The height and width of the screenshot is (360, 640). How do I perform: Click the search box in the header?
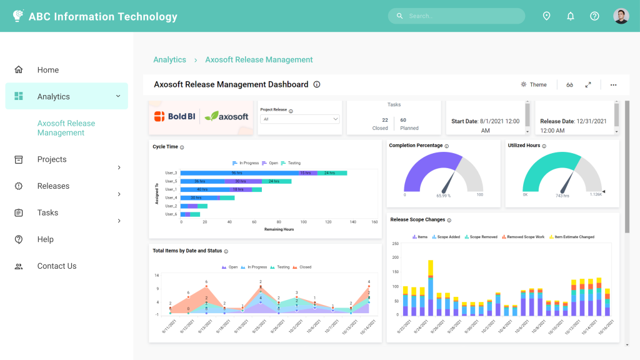(x=456, y=16)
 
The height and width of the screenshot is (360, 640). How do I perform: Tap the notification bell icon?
(x=570, y=16)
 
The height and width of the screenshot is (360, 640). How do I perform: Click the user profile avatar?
(x=621, y=16)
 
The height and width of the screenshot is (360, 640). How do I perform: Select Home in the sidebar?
(x=47, y=70)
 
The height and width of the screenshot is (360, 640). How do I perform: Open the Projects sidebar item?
(x=52, y=159)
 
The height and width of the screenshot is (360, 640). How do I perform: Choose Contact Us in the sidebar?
(x=56, y=266)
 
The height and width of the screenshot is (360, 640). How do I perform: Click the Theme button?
(x=534, y=84)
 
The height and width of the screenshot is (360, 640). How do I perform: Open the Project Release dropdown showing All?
(x=300, y=119)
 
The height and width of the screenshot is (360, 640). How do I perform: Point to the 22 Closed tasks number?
(x=385, y=120)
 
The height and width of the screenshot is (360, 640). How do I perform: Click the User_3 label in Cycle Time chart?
(x=171, y=172)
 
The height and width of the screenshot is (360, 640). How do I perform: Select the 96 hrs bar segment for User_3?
(x=237, y=172)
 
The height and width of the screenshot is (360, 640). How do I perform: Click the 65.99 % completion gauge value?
(x=443, y=196)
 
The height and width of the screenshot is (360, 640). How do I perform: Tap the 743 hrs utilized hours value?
(x=562, y=196)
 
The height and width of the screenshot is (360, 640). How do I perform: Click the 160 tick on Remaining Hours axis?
(x=374, y=222)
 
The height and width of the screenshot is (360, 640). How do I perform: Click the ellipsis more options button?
(x=613, y=84)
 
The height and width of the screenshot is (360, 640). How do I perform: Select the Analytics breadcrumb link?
(x=170, y=60)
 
